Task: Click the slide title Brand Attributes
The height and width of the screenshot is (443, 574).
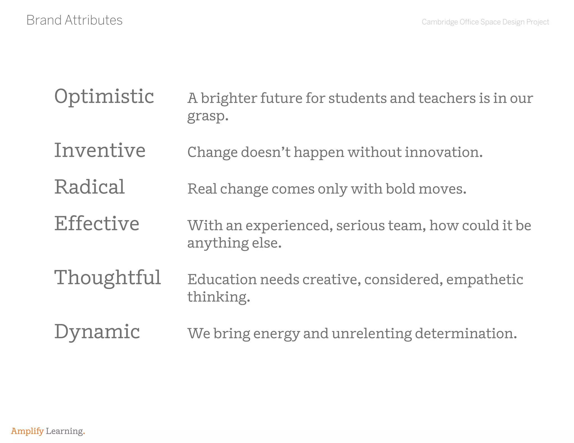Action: coord(74,20)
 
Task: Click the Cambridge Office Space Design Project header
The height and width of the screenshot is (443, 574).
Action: coord(485,22)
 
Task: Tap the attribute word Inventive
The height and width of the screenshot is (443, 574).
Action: coord(100,150)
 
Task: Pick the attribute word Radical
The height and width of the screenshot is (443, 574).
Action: coord(89,187)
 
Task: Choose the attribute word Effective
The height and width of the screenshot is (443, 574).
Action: coord(97,223)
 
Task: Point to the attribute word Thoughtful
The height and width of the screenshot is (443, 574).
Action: coord(108,278)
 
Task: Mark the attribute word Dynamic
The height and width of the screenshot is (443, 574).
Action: coord(97,332)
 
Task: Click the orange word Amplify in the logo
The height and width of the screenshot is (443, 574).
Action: coord(27,431)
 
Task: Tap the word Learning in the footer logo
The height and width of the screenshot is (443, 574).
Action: coord(64,431)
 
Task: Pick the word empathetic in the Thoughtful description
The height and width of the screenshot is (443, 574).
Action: coord(485,279)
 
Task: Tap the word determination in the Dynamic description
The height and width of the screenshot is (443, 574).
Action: coord(466,334)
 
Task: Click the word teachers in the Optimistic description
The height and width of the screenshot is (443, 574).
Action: coord(447,98)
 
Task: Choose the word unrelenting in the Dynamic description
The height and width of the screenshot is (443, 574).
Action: coord(372,334)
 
